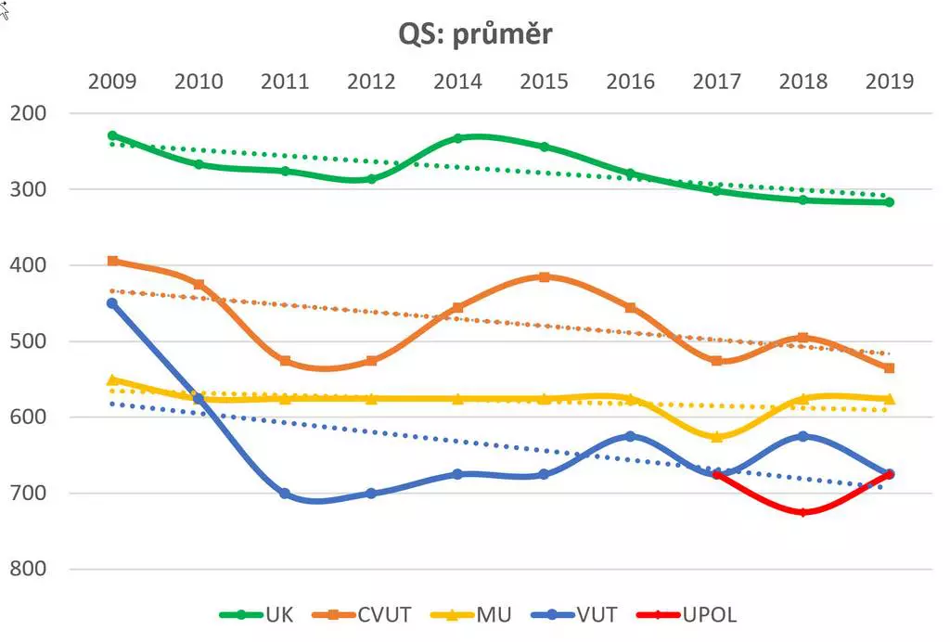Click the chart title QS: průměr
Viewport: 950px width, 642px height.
[x=475, y=33]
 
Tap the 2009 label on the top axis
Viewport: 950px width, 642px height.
[x=112, y=82]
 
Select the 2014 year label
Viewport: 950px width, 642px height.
[x=457, y=82]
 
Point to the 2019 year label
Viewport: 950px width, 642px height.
[x=889, y=82]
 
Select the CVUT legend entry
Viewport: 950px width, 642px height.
[x=366, y=614]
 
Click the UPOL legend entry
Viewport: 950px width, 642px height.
[x=687, y=614]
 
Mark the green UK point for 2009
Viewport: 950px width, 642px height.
[x=112, y=135]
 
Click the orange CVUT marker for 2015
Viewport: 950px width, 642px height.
[x=545, y=277]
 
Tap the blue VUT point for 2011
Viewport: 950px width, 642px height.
[x=285, y=494]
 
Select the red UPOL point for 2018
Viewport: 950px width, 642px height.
[x=803, y=512]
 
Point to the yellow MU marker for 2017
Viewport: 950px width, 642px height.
[x=717, y=436]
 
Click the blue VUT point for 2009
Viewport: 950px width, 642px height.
[x=112, y=303]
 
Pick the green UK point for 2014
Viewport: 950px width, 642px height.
[x=457, y=138]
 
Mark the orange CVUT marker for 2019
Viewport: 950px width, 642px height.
[x=889, y=368]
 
